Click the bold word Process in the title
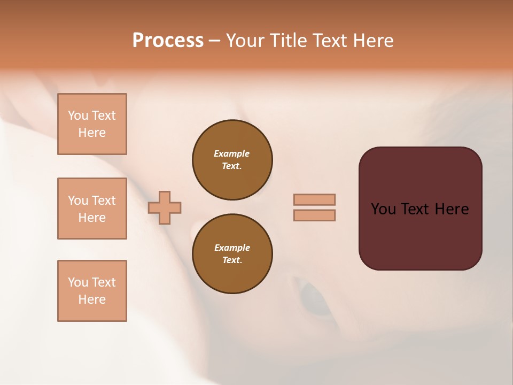[168, 41]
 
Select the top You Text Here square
[92, 124]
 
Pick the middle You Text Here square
[92, 209]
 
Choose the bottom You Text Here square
[92, 291]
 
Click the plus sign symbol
[165, 207]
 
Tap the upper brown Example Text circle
[232, 160]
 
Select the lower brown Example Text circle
[232, 254]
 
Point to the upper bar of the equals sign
[315, 199]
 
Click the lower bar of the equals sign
[315, 215]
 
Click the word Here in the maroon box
[452, 209]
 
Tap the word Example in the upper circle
[232, 153]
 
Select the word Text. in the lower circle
[232, 260]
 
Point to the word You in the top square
[77, 115]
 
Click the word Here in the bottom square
[92, 299]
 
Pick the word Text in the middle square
[104, 201]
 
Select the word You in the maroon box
[383, 209]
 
